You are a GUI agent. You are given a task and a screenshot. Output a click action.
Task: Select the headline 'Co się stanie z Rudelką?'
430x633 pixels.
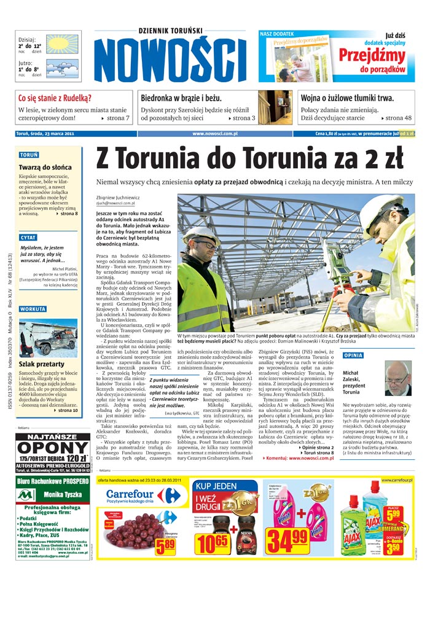55,98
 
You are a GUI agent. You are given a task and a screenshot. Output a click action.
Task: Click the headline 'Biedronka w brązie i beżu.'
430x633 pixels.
181,98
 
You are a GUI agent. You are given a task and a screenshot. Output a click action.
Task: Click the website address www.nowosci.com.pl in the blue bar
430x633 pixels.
215,133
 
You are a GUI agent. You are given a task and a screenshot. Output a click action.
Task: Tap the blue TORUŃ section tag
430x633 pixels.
29,155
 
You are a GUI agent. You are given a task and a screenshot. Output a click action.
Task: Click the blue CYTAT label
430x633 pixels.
28,237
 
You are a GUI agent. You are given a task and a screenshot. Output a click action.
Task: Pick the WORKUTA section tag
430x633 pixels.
33,309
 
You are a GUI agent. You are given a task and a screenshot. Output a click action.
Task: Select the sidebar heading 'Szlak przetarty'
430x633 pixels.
42,364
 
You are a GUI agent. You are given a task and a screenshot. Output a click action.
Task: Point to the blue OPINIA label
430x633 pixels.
353,355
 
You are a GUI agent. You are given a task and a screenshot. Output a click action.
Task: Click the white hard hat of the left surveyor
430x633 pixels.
201,234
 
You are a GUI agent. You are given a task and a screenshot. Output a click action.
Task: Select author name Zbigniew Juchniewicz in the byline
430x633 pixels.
118,198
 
